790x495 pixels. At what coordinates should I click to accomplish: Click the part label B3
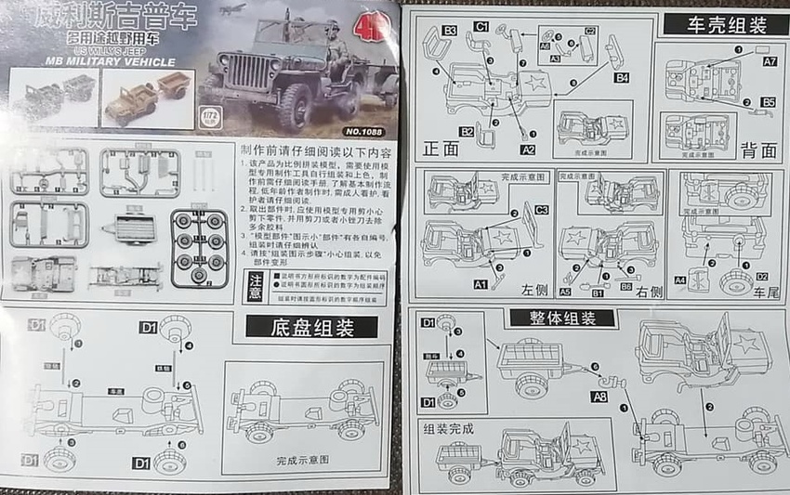[x=449, y=32]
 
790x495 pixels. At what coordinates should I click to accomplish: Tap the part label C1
[x=481, y=27]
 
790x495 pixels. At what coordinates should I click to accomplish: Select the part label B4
[x=621, y=77]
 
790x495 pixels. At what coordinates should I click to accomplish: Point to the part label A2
[x=528, y=149]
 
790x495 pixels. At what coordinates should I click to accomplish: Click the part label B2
[x=466, y=132]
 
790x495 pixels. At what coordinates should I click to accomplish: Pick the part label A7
[x=770, y=61]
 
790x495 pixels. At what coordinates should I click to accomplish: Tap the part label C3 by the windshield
[x=541, y=210]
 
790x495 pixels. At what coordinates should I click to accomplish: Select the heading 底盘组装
[x=311, y=327]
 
